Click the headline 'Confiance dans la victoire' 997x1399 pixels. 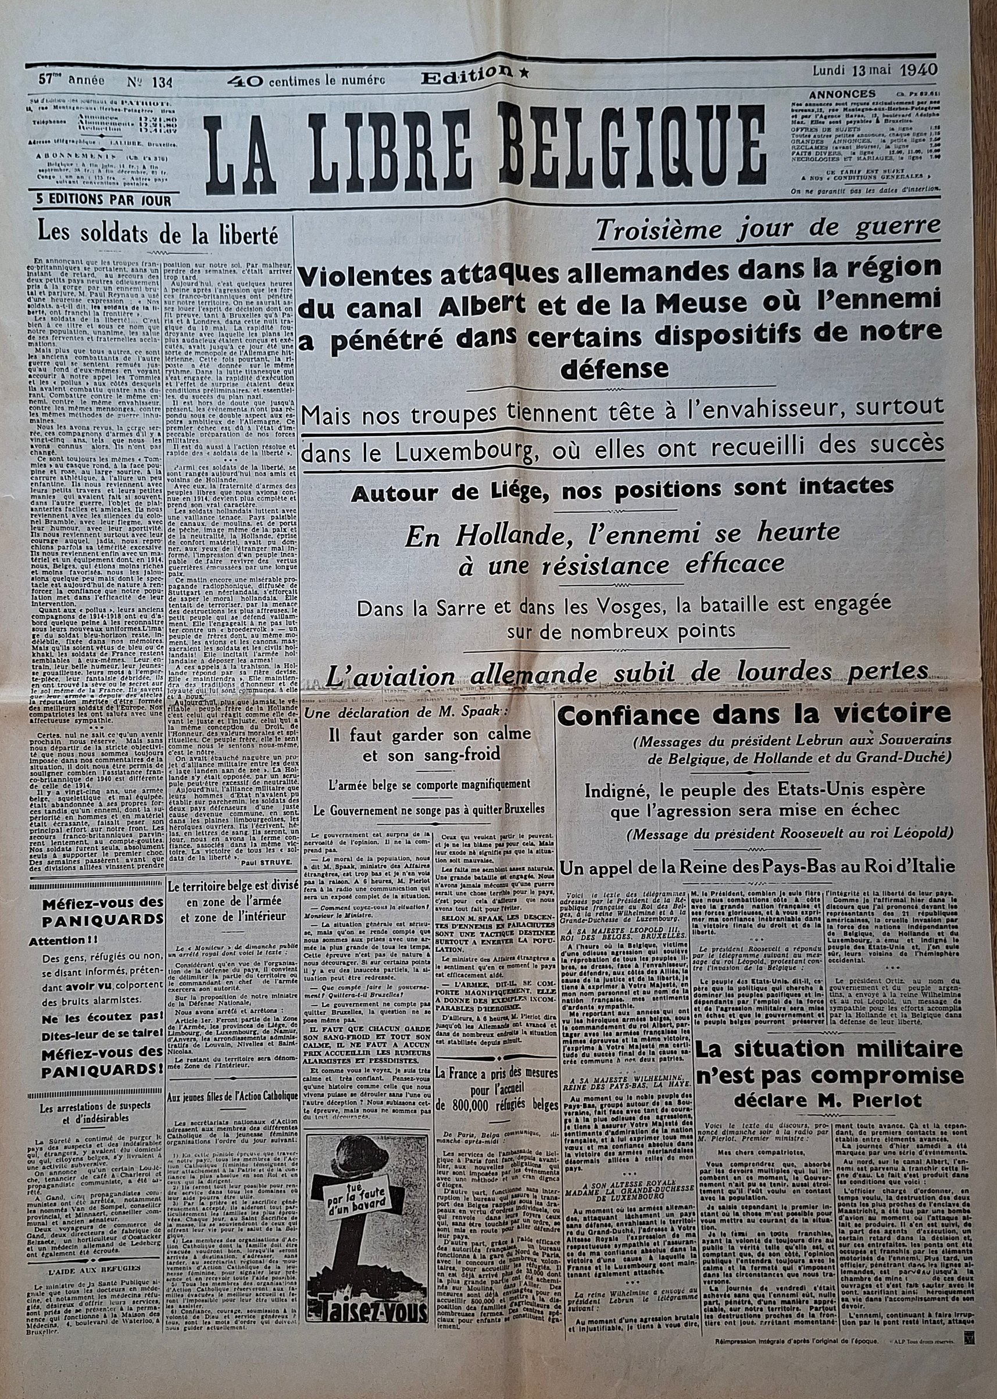tap(753, 713)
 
